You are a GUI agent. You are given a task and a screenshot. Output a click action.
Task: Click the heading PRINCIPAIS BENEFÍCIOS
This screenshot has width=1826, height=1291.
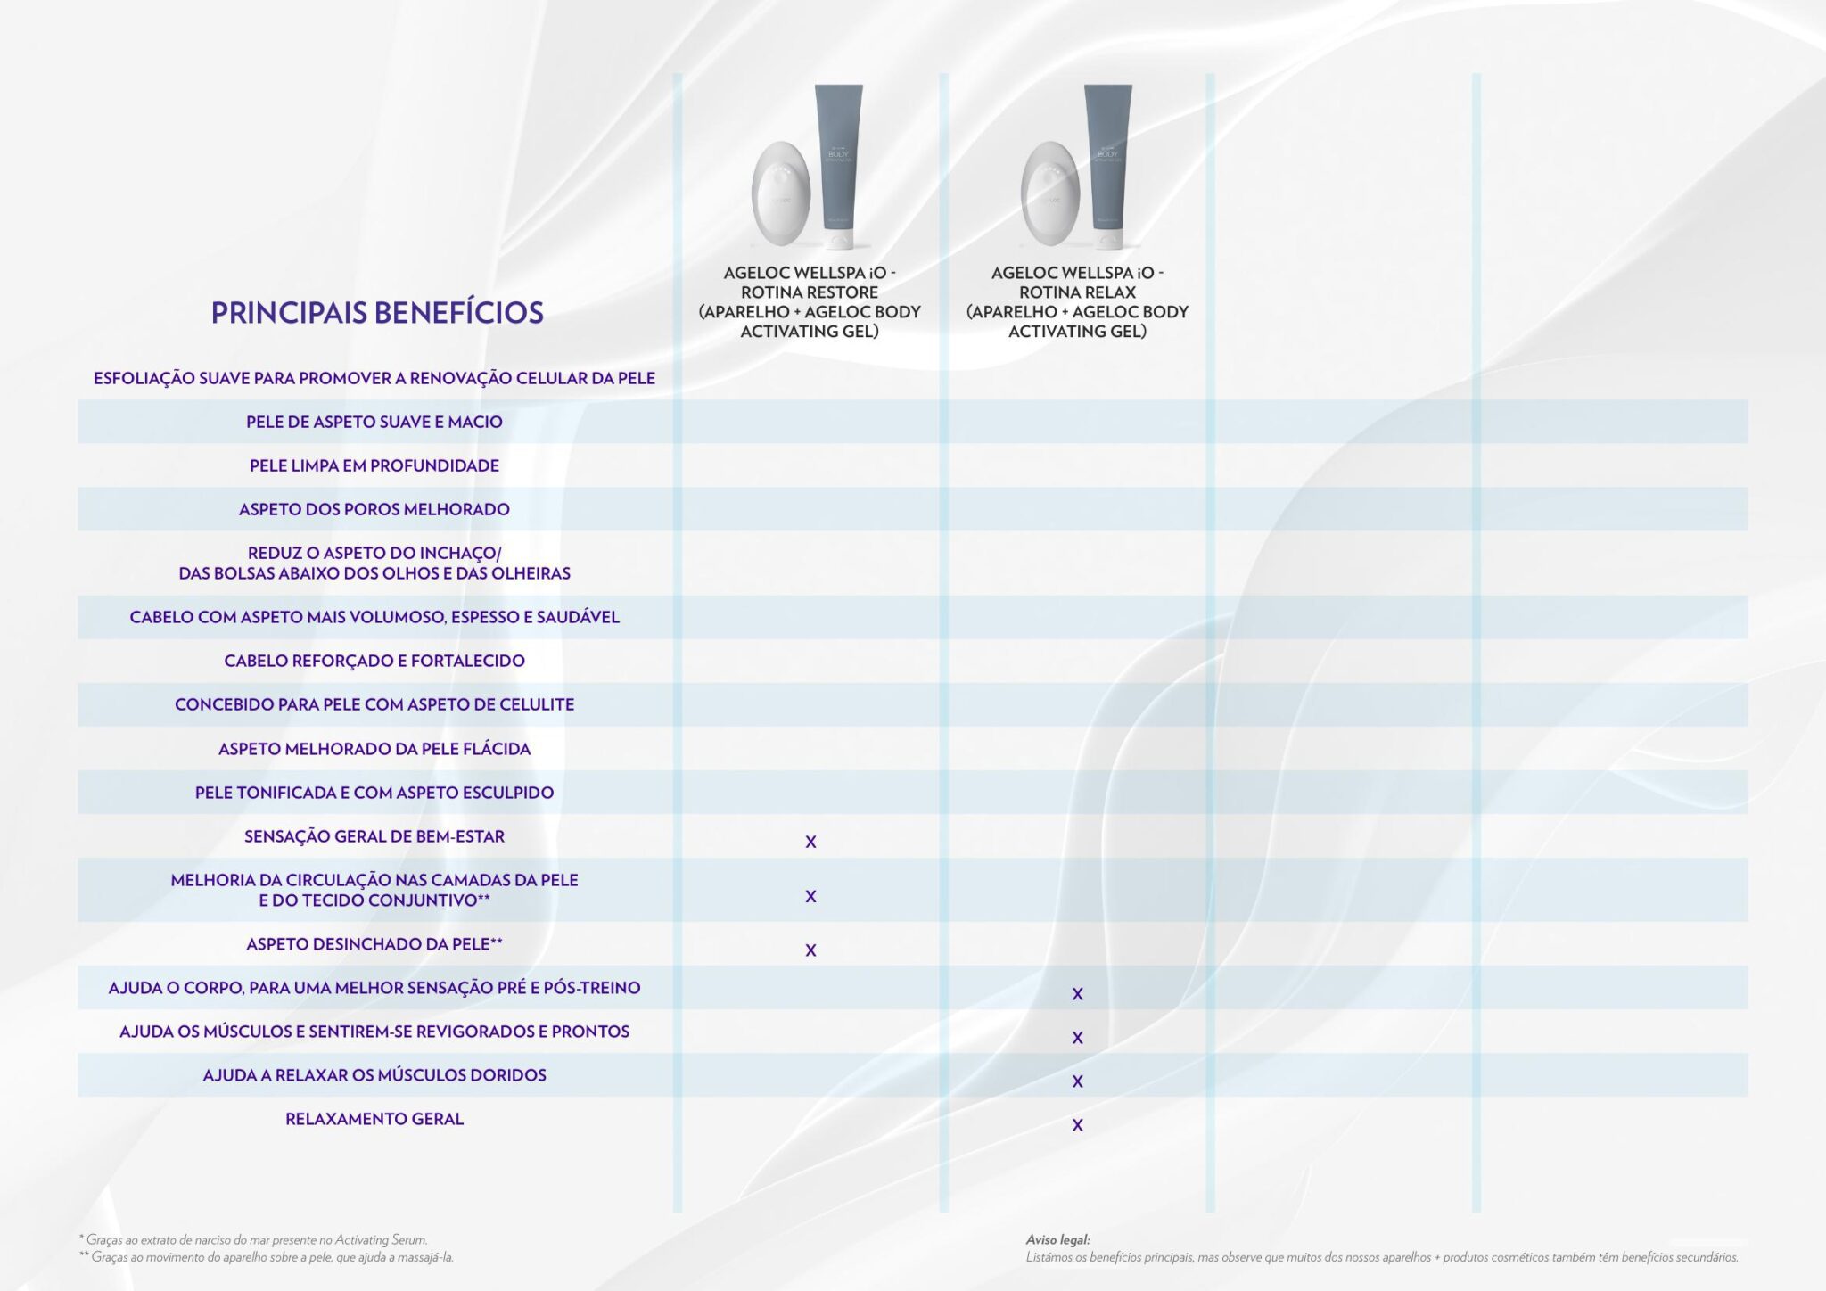click(376, 313)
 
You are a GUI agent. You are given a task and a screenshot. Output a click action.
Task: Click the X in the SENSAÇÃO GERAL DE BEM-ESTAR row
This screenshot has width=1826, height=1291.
click(810, 842)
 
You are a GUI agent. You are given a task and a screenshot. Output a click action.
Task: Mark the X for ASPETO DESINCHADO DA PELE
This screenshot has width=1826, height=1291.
click(810, 950)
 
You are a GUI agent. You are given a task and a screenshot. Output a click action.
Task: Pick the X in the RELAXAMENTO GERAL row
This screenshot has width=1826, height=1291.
click(1077, 1125)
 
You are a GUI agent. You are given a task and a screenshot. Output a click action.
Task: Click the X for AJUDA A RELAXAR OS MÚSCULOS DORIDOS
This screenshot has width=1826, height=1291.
click(1077, 1081)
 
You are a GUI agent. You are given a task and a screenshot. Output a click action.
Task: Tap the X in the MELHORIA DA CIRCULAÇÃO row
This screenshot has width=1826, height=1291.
click(810, 896)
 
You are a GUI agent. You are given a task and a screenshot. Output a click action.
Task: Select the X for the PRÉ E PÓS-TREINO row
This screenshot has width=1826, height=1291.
click(1077, 994)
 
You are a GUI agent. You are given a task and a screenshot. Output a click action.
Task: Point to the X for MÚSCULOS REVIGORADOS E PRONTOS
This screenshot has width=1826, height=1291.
click(1077, 1038)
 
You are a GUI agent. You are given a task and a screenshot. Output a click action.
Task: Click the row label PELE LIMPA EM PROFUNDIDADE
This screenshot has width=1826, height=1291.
click(374, 465)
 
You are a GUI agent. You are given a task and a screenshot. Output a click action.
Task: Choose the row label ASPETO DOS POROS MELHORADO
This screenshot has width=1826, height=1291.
click(374, 509)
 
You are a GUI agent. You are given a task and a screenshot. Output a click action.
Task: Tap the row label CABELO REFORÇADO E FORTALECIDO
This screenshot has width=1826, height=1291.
click(374, 661)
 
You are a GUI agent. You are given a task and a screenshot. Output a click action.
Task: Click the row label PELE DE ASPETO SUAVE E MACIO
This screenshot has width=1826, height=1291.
click(374, 422)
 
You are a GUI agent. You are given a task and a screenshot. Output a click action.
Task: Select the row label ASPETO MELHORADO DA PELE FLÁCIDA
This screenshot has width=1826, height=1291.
click(374, 749)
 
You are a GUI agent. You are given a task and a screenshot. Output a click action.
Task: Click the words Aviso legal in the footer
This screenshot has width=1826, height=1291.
click(1057, 1239)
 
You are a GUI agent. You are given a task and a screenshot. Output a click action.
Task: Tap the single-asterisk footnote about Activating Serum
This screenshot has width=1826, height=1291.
click(253, 1239)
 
